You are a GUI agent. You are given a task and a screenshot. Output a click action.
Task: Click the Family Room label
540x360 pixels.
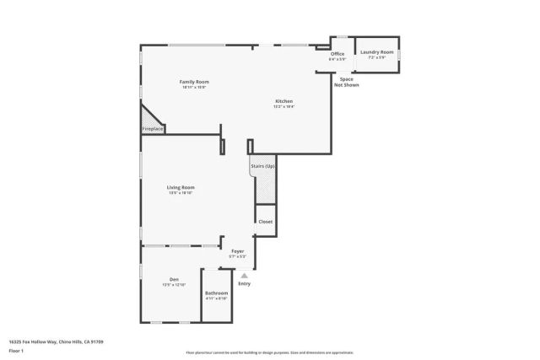[x=194, y=82]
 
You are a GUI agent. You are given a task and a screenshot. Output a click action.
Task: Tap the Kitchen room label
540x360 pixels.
[x=283, y=101]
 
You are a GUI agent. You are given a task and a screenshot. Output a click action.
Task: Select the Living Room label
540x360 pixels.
[x=181, y=187]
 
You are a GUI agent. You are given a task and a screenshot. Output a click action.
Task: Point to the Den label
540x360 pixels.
[x=173, y=279]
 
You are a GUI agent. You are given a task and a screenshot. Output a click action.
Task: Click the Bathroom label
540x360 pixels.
[x=217, y=293]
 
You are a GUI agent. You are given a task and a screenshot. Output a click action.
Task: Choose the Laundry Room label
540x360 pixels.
[x=376, y=52]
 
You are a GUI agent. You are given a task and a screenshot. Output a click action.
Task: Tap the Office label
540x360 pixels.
[x=337, y=54]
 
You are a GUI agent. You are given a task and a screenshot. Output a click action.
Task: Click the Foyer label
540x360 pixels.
[x=238, y=250]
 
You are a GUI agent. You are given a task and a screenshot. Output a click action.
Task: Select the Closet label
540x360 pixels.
[x=265, y=221]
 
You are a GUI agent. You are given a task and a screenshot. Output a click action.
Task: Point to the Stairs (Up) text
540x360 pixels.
[x=262, y=166]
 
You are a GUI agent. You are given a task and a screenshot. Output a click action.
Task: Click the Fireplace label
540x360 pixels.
[x=152, y=129]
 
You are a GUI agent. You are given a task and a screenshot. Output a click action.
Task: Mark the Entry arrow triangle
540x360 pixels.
[x=245, y=275]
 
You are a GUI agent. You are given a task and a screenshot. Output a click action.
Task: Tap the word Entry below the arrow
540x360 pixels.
[x=245, y=283]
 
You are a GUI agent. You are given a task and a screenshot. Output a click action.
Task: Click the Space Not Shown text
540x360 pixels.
[x=346, y=82]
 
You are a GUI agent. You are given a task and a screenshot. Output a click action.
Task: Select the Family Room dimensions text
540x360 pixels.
[x=194, y=88]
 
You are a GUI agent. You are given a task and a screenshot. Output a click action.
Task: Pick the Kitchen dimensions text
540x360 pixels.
[x=283, y=107]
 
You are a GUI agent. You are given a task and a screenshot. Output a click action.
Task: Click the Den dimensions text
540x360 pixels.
[x=173, y=285]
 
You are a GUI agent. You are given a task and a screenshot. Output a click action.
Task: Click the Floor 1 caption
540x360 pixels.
[x=15, y=350]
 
